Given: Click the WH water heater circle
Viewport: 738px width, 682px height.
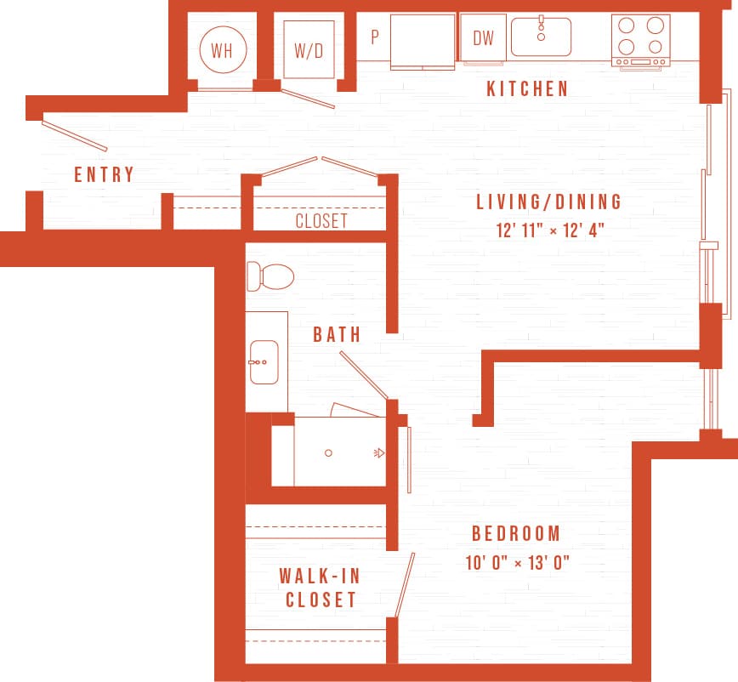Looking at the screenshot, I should coord(222,49).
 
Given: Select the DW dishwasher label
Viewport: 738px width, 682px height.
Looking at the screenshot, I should coord(483,37).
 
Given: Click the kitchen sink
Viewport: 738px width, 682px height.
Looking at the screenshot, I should coord(541,37).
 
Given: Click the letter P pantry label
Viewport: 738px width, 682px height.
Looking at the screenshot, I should coord(374,37).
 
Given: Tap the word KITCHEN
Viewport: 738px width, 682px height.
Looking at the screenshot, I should coord(527,89).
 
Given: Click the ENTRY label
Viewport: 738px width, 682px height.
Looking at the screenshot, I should coord(104,175).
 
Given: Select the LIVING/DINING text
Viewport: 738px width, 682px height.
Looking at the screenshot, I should coord(548,202).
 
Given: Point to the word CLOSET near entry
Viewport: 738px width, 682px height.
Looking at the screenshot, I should coord(321,221).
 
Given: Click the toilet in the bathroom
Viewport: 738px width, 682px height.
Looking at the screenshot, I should coord(270,276).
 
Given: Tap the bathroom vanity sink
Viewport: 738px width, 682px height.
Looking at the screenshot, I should coord(264,361).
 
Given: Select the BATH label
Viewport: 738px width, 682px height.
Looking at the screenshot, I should coord(337,334).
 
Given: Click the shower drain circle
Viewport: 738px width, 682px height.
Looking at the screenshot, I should coord(329,453).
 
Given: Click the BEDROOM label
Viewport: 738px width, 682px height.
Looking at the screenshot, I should coord(516,534).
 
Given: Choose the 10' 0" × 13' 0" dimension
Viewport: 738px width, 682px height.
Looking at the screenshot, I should coord(516,562).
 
